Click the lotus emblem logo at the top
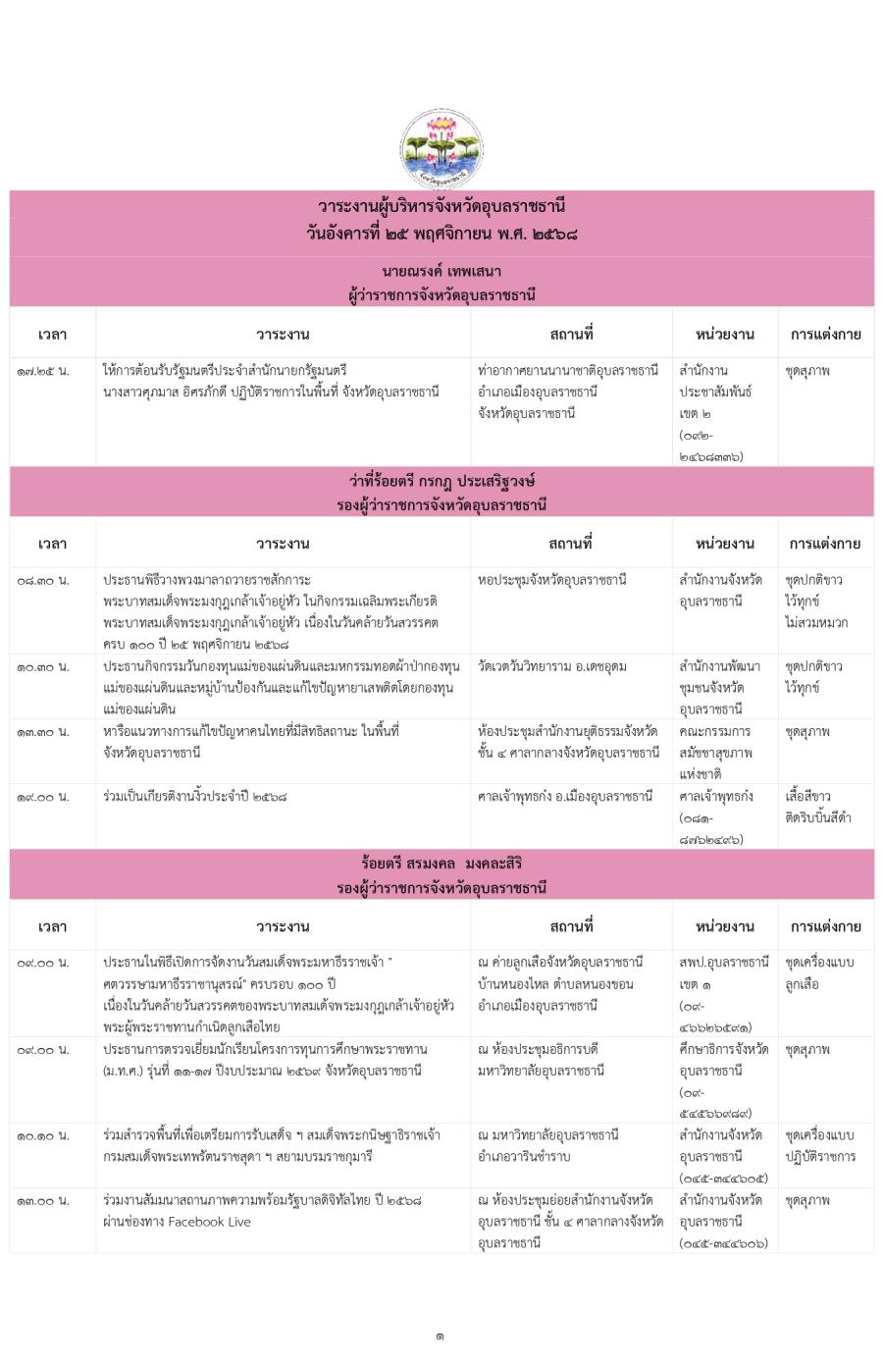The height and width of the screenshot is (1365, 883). pos(441,149)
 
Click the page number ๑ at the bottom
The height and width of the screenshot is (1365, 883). pos(441,1336)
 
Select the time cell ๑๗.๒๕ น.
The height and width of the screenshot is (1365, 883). pos(43,371)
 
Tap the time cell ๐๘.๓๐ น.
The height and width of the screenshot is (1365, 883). pos(43,580)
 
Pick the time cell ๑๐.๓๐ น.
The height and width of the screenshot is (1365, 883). pos(43,667)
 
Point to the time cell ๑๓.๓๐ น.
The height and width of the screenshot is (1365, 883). pos(43,732)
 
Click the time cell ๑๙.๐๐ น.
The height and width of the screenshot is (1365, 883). pos(43,797)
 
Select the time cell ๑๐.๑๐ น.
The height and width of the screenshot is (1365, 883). pos(43,1135)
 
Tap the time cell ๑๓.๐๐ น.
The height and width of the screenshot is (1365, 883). pos(43,1200)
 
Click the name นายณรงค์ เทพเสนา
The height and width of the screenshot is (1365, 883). pos(441,270)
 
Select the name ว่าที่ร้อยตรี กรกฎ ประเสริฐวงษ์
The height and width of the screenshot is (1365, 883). pos(441,481)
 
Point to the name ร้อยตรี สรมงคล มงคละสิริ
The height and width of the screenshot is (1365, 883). pos(441,864)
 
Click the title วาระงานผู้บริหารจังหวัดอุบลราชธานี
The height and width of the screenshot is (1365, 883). pos(441,206)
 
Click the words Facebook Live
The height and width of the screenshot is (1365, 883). pos(209,1222)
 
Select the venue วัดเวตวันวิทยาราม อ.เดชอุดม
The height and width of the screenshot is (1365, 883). pos(552,667)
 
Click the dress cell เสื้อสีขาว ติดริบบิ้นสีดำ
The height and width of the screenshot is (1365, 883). pos(817,807)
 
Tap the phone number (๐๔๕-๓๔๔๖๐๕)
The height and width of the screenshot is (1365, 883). pos(723,1179)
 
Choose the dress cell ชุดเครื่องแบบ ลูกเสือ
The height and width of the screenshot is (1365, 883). pos(819,973)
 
